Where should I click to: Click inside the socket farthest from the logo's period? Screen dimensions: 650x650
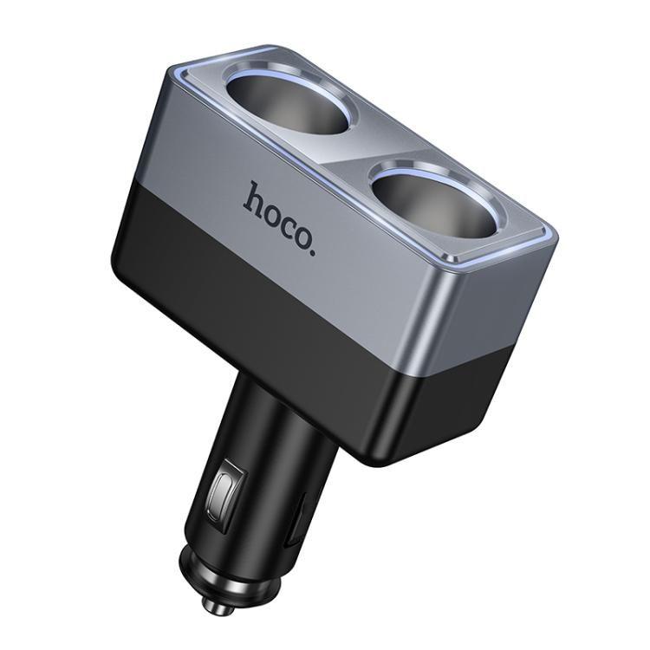coord(290,103)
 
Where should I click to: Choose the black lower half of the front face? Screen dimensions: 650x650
coord(260,295)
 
